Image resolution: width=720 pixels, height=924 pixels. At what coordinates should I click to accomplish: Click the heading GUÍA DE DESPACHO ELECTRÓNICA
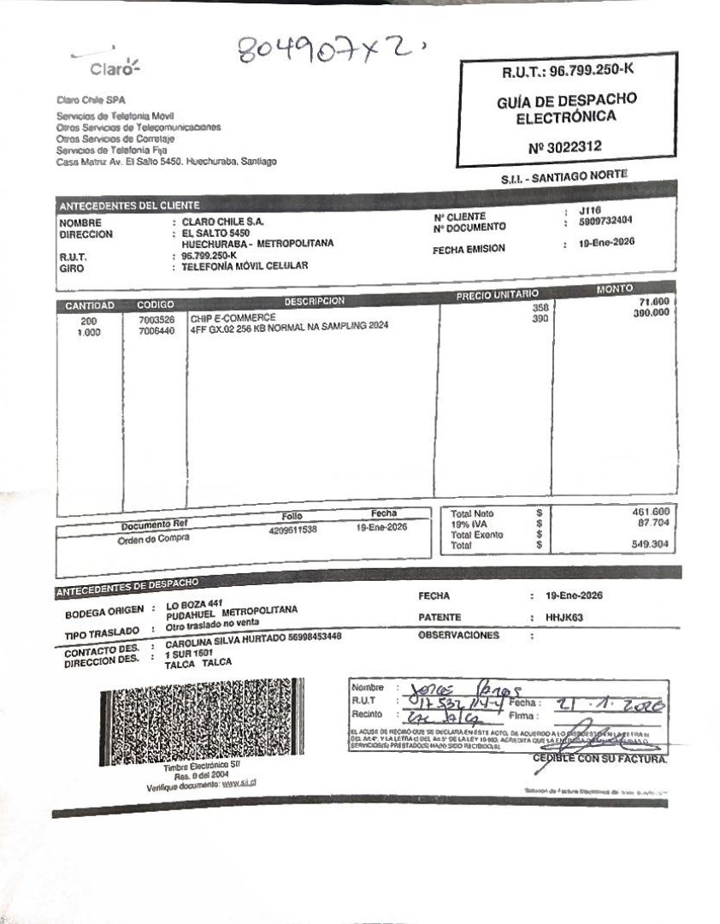pyautogui.click(x=566, y=109)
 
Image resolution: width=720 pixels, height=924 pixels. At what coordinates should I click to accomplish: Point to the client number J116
pyautogui.click(x=590, y=210)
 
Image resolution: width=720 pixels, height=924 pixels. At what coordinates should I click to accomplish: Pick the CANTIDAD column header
pyautogui.click(x=89, y=305)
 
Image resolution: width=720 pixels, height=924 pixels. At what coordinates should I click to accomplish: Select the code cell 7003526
pyautogui.click(x=156, y=320)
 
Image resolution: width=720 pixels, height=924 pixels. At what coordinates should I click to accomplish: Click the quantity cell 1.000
pyautogui.click(x=89, y=332)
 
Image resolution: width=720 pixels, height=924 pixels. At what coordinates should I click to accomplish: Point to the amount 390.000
pyautogui.click(x=650, y=313)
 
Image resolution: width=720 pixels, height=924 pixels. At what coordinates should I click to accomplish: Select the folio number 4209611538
pyautogui.click(x=292, y=530)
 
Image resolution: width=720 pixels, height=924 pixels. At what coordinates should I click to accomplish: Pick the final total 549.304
pyautogui.click(x=651, y=544)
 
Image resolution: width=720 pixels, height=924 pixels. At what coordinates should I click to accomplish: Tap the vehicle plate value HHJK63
pyautogui.click(x=564, y=617)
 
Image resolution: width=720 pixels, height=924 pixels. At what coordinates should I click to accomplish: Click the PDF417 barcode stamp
pyautogui.click(x=201, y=718)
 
